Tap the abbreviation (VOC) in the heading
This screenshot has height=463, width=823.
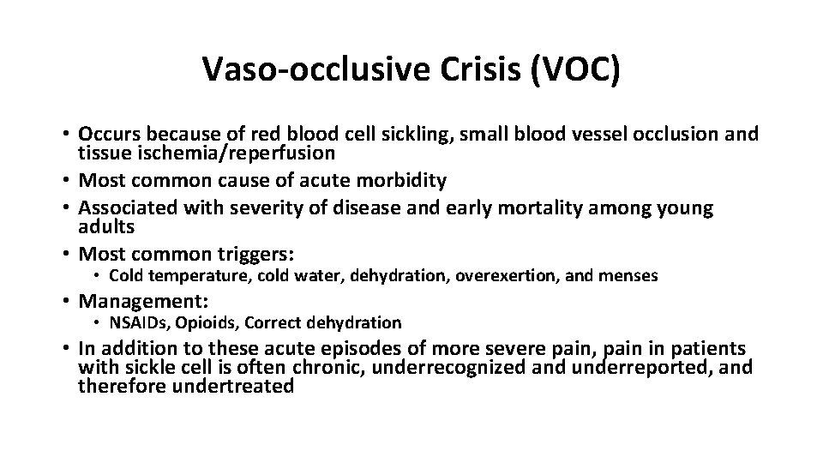(x=574, y=70)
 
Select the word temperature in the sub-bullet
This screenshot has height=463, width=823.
(x=193, y=276)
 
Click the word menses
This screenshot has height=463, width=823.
(x=629, y=276)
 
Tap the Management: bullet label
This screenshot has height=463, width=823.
(x=144, y=301)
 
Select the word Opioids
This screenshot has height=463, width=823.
(x=202, y=322)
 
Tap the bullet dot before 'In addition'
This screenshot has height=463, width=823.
(x=65, y=350)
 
